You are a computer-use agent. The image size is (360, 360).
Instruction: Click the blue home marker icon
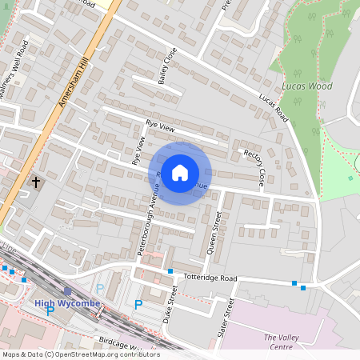180,173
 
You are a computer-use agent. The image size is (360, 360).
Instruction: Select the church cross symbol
35,182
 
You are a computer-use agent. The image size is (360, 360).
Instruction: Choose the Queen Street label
214,231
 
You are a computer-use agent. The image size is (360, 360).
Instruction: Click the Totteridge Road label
210,278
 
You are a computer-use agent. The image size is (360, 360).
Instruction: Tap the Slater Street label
225,318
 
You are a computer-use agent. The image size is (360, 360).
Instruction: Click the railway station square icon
67,292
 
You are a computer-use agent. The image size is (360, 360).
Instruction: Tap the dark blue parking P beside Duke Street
138,305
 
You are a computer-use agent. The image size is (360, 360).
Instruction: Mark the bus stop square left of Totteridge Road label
170,272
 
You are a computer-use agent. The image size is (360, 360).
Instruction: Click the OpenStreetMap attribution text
81,354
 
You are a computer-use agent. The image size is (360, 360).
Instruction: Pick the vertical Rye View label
138,150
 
